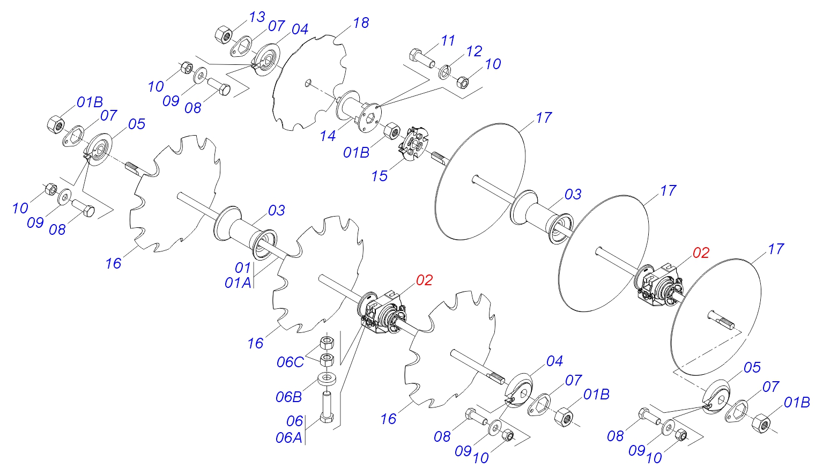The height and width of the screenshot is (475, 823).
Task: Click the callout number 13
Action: (x=257, y=17)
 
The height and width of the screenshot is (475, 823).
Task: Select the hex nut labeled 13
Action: (x=223, y=35)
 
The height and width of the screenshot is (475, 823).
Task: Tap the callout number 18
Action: (x=361, y=23)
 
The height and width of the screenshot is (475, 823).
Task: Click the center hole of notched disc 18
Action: (x=307, y=83)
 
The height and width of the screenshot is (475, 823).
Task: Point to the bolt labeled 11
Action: (x=422, y=57)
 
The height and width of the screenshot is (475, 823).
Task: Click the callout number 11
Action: (x=448, y=41)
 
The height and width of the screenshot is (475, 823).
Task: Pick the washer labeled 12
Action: (x=446, y=72)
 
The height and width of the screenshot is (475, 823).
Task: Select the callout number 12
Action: (x=474, y=51)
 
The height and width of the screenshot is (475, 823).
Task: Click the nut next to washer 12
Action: (x=463, y=82)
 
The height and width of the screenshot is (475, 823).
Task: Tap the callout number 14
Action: (x=328, y=136)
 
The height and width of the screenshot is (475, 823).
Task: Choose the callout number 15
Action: (x=379, y=176)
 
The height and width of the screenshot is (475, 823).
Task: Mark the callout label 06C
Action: (x=290, y=362)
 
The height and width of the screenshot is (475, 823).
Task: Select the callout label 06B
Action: (x=288, y=397)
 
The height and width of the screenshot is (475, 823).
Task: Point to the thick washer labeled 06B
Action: (x=328, y=378)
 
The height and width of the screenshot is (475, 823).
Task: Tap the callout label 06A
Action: (x=288, y=438)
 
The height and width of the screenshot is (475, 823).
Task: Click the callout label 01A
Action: (x=238, y=283)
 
